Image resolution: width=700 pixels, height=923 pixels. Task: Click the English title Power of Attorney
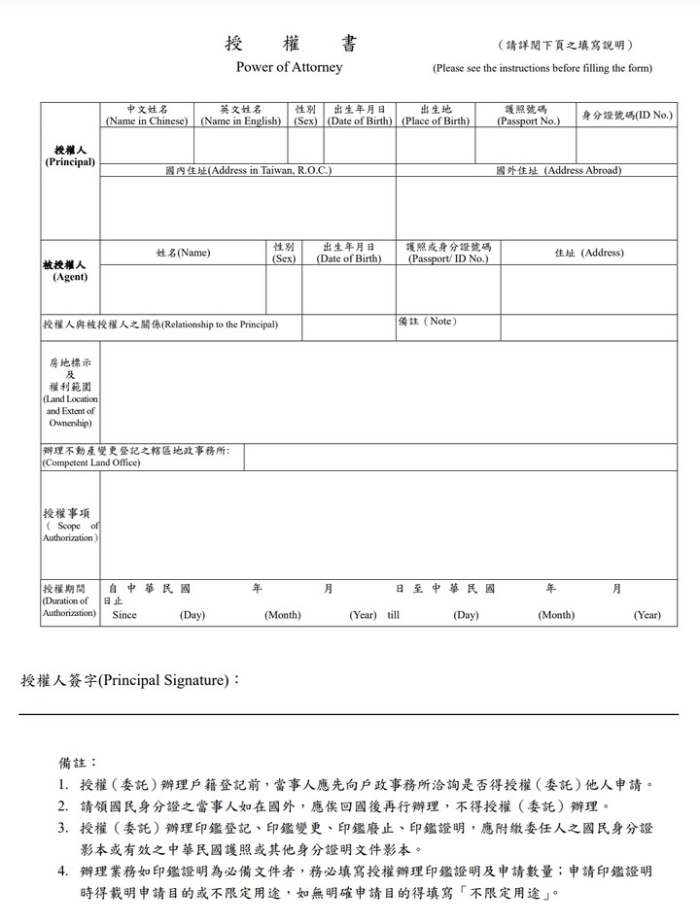[x=289, y=68]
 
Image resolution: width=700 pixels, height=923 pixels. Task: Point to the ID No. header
[x=627, y=116]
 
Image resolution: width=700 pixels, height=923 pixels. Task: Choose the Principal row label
[x=70, y=156]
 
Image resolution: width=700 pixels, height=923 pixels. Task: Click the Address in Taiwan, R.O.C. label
[x=248, y=170]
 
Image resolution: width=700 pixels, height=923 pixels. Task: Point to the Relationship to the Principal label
[x=160, y=325]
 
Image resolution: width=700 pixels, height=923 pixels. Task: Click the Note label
[x=427, y=322]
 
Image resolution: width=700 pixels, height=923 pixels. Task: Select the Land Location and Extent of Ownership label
[x=70, y=393]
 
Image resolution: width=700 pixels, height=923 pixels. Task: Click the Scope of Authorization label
[x=70, y=525]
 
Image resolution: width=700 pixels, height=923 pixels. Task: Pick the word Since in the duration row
[x=124, y=615]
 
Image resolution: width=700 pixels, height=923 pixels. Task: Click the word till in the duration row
[x=393, y=615]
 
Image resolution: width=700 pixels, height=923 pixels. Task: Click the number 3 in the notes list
[x=62, y=828]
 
